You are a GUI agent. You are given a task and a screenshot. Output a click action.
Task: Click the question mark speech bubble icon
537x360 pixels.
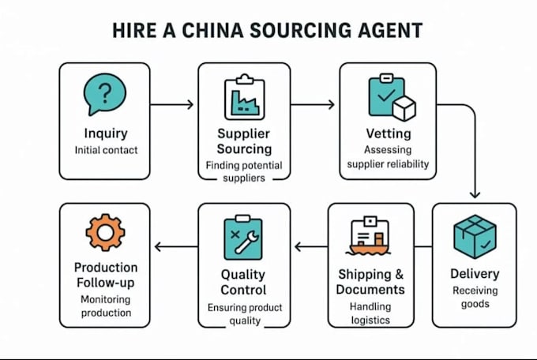(x=105, y=94)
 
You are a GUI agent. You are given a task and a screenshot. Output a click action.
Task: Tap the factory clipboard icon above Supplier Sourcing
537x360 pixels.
(x=245, y=97)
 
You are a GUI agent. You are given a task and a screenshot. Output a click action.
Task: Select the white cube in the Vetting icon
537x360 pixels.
(x=404, y=108)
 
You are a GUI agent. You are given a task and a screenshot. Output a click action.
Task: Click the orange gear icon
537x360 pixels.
(x=105, y=233)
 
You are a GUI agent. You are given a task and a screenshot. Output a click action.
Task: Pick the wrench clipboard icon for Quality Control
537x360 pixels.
(x=243, y=238)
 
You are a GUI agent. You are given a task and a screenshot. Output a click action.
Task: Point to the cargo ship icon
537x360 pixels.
(x=370, y=236)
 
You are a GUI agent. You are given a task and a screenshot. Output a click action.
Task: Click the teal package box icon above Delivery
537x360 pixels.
(x=475, y=236)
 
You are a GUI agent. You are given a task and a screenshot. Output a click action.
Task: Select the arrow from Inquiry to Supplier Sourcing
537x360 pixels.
(x=172, y=104)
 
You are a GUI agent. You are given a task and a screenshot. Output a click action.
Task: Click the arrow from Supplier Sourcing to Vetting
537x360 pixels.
(x=313, y=104)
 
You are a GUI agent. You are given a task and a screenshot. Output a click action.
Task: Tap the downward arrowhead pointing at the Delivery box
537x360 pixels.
(x=475, y=194)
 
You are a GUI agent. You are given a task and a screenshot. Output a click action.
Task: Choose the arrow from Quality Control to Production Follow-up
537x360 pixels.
(x=176, y=246)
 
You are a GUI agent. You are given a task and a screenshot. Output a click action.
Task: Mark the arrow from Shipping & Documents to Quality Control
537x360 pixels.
(x=311, y=246)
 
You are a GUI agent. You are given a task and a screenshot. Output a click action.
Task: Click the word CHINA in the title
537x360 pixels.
(x=212, y=30)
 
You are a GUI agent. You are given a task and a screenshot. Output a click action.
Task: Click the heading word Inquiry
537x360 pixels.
(x=106, y=133)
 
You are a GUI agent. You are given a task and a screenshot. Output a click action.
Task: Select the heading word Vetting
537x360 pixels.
(x=389, y=133)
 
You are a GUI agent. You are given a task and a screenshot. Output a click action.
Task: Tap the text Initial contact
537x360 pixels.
(x=106, y=150)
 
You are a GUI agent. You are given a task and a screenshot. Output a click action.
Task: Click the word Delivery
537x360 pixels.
(x=475, y=274)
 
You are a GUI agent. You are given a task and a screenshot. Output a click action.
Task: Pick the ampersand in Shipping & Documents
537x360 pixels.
(x=400, y=275)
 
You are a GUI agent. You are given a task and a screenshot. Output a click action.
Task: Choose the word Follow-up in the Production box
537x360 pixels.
(x=106, y=283)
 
